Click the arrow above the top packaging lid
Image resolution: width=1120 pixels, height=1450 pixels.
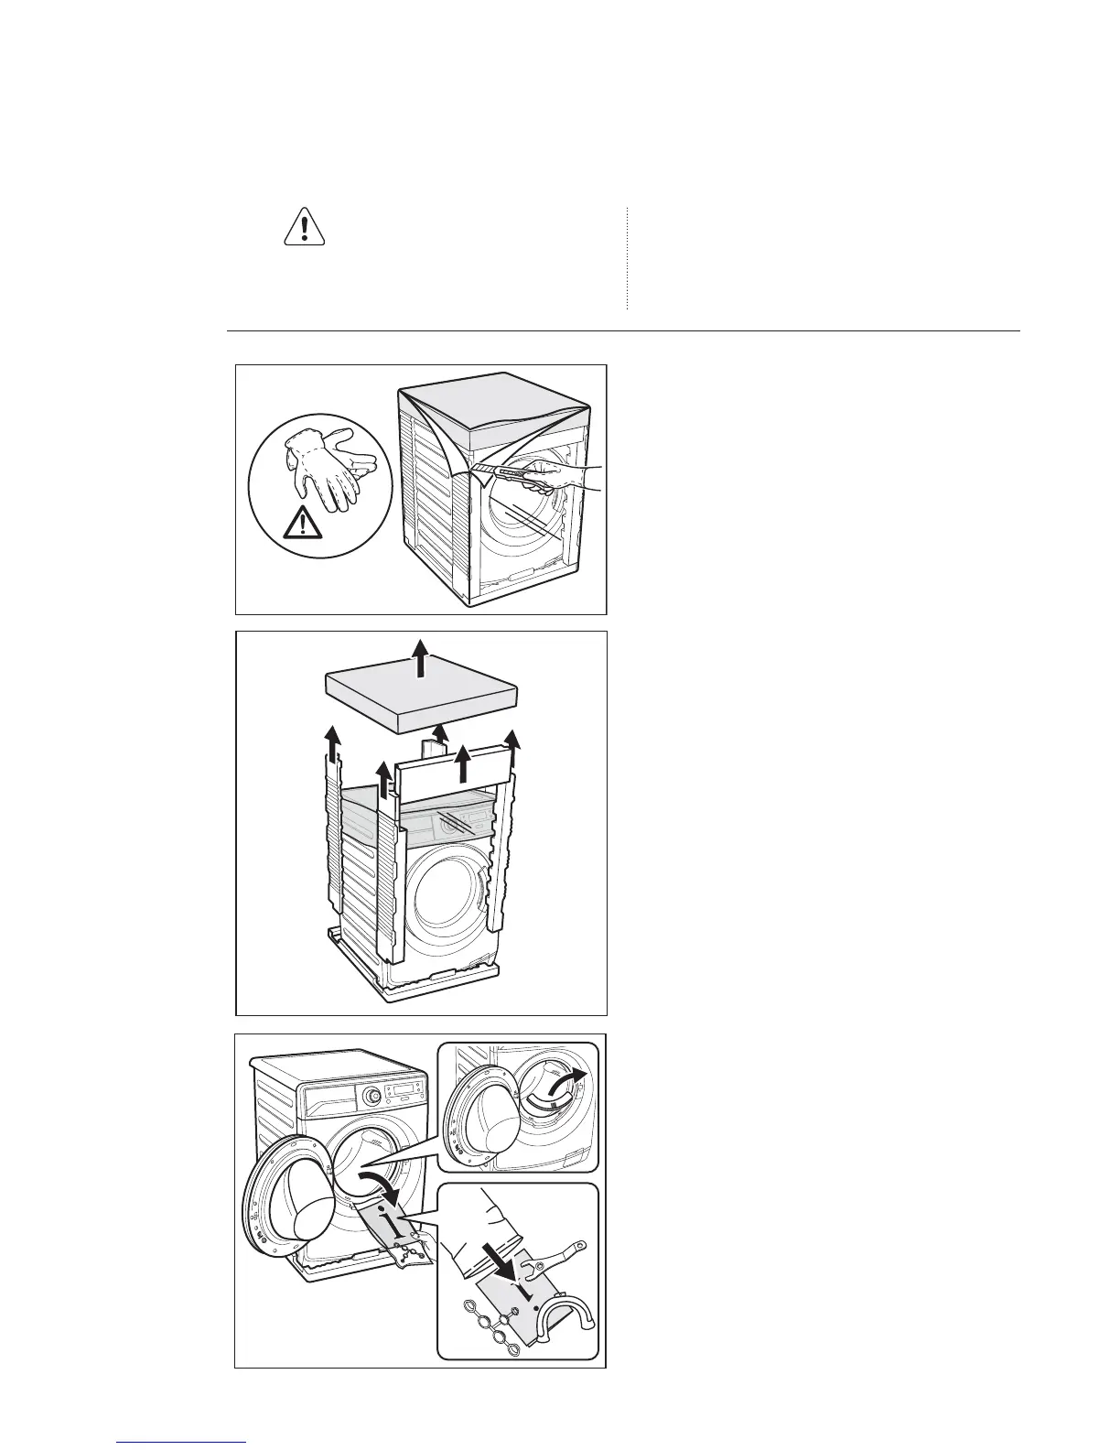click(x=420, y=657)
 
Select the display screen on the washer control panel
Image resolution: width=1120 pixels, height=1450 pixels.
click(x=403, y=1089)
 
